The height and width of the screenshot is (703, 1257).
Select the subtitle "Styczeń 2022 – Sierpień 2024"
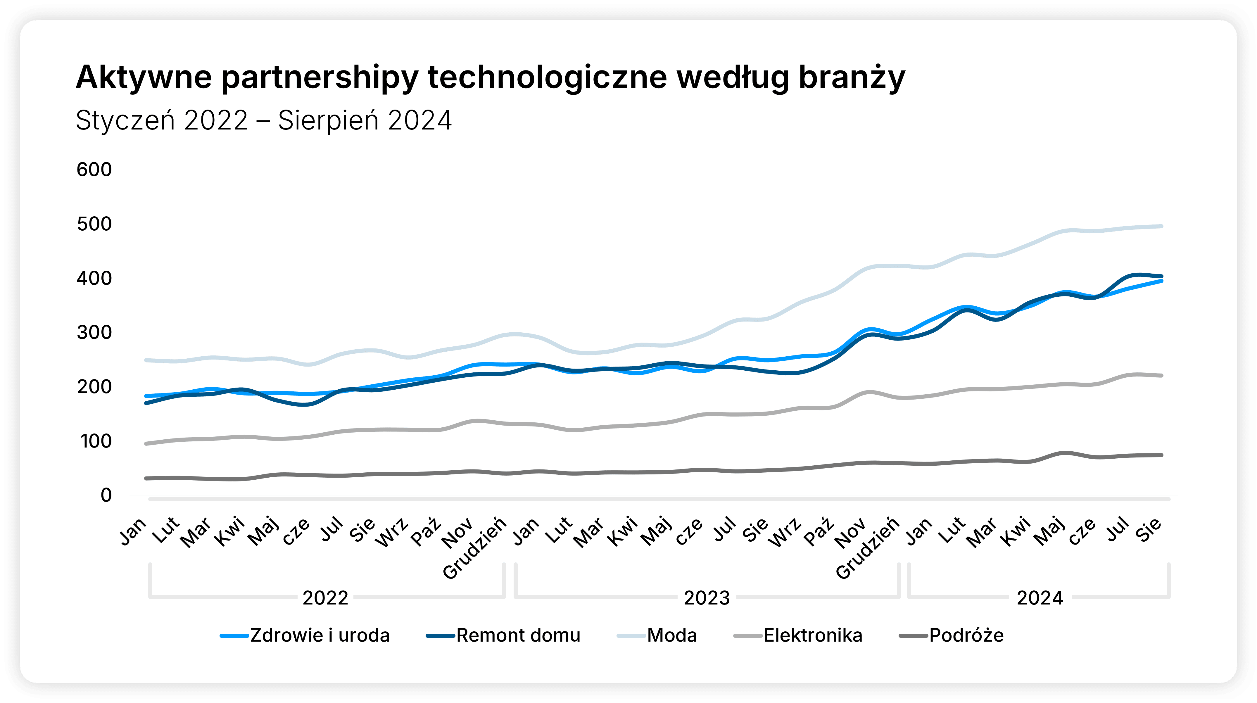pyautogui.click(x=263, y=120)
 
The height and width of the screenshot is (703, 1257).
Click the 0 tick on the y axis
pyautogui.click(x=106, y=495)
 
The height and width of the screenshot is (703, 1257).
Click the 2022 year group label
pyautogui.click(x=325, y=598)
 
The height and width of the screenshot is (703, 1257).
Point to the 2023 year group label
pyautogui.click(x=707, y=598)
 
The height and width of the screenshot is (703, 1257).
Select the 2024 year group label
pyautogui.click(x=1040, y=598)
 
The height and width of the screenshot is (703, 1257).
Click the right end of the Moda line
pyautogui.click(x=1161, y=226)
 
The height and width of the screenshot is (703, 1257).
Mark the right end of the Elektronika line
pyautogui.click(x=1161, y=376)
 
